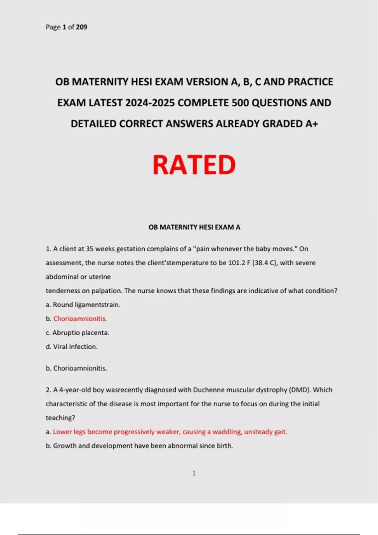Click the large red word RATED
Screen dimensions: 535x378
click(194, 165)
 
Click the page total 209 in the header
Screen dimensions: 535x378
click(82, 27)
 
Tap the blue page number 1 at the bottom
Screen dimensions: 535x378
click(194, 473)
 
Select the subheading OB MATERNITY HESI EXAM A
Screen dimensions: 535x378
click(194, 227)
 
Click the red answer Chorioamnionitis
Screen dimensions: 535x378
click(80, 319)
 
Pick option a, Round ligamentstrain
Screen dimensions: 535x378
click(83, 305)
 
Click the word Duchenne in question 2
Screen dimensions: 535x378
click(208, 390)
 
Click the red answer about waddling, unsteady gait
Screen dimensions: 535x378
click(170, 432)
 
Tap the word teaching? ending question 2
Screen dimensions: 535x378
click(60, 418)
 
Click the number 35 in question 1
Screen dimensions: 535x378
click(90, 249)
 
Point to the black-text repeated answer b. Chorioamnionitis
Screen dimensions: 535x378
click(77, 368)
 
